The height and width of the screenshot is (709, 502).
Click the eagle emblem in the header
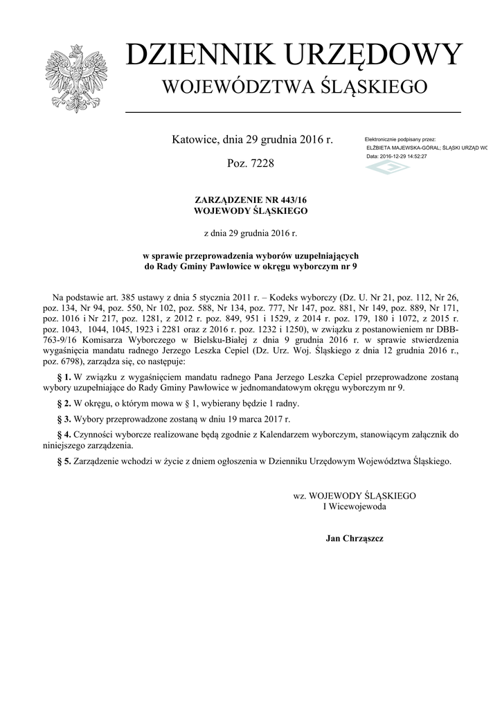pos(73,78)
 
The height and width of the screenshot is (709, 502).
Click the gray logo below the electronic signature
pos(387,168)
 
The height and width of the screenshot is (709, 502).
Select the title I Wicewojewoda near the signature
pos(355,506)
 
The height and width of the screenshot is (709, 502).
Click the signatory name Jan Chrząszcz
pos(355,538)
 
